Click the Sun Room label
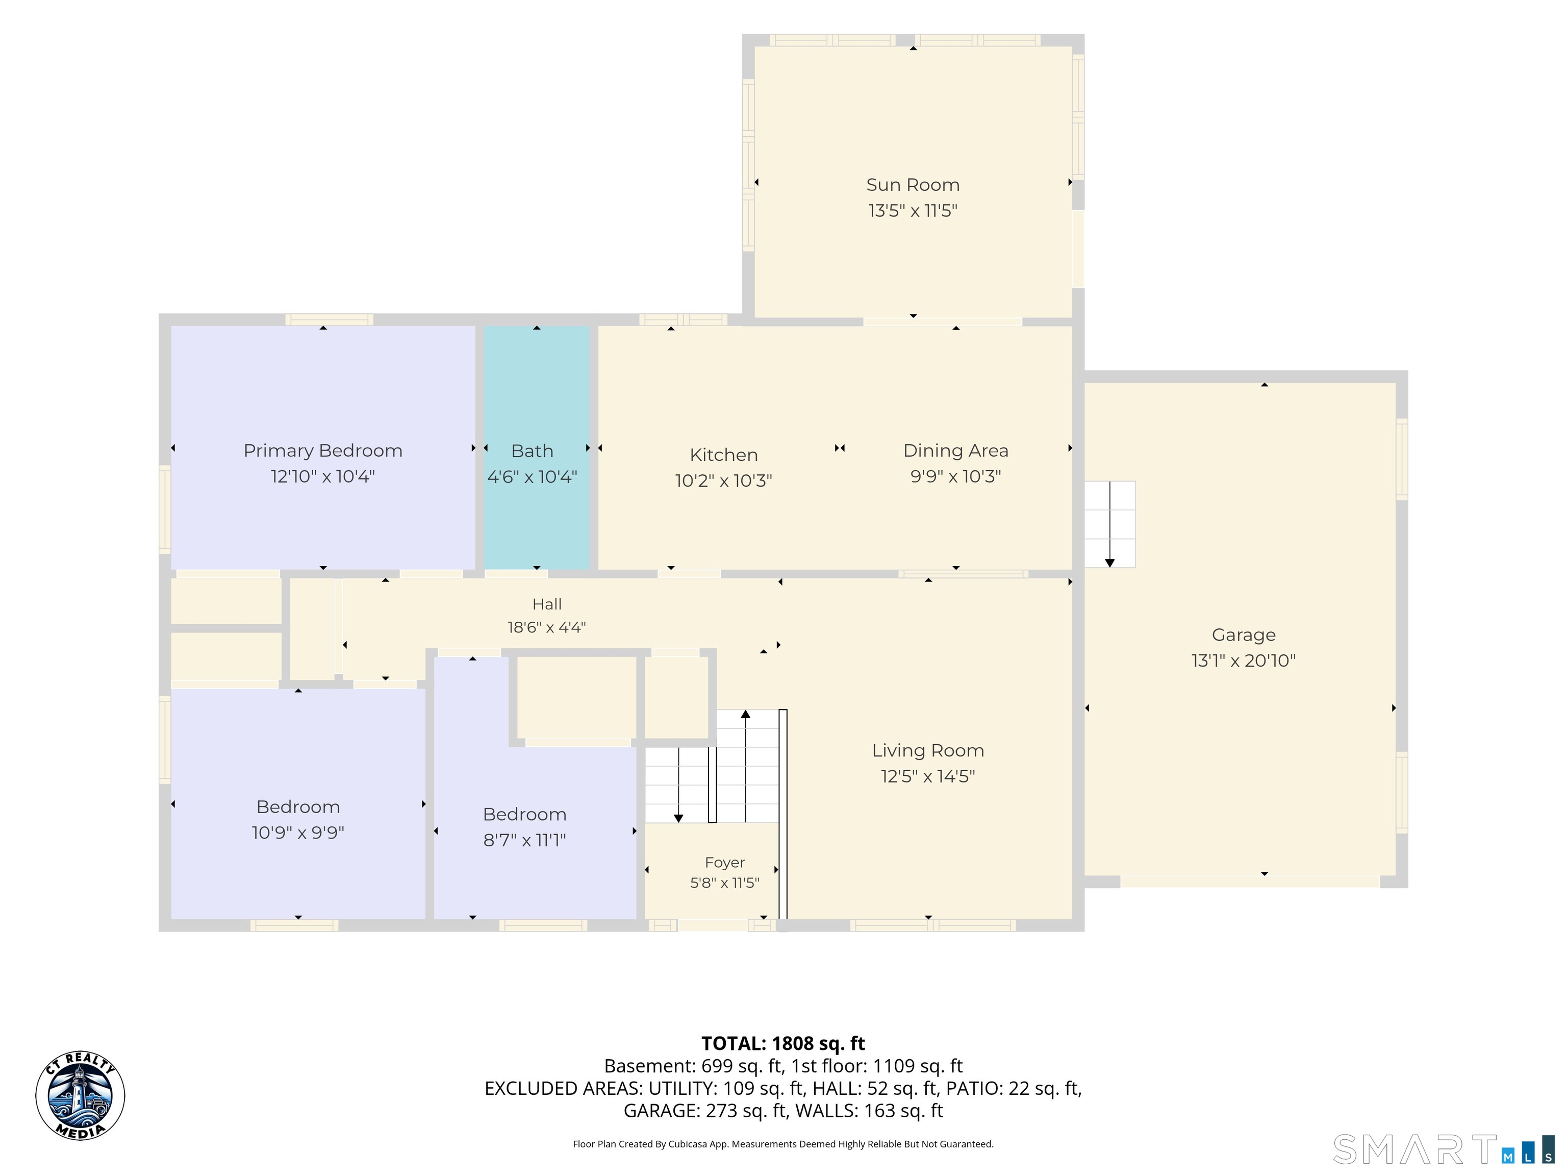[913, 185]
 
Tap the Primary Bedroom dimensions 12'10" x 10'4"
[322, 476]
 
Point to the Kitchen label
[723, 455]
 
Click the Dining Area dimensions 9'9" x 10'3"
[955, 476]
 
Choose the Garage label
[1243, 635]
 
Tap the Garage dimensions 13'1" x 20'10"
[1243, 660]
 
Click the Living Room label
[928, 751]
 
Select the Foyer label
[725, 863]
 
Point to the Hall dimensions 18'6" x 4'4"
[546, 627]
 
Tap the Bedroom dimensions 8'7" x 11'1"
[524, 841]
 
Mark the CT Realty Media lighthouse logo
[80, 1095]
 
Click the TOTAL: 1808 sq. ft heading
[783, 1043]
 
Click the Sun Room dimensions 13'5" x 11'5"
[913, 210]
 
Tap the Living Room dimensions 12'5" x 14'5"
[928, 776]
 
